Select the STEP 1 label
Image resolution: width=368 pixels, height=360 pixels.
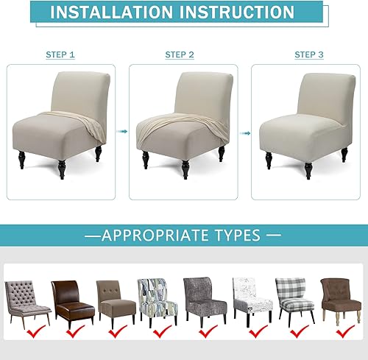coord(60,55)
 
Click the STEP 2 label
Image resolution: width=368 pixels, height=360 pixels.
coord(180,55)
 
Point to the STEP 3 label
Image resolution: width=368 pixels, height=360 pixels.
coord(309,55)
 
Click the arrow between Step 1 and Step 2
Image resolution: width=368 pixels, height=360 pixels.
coord(122,133)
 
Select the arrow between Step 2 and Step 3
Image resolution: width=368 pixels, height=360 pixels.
coord(244,133)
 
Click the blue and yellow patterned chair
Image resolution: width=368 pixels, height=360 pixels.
coord(156,298)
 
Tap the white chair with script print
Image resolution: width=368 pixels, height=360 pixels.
coord(248,298)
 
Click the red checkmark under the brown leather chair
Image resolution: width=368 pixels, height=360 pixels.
coord(75,333)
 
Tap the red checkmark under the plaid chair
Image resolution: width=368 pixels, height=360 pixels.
coord(297,333)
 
